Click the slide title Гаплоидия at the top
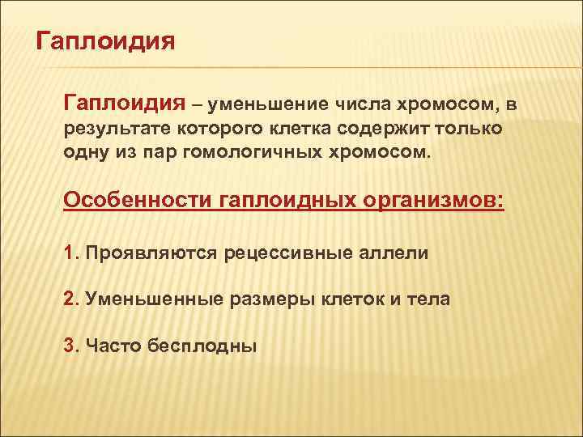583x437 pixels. click(106, 40)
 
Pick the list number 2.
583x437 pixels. click(69, 299)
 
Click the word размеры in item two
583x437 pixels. click(266, 299)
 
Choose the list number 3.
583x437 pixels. click(69, 346)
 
